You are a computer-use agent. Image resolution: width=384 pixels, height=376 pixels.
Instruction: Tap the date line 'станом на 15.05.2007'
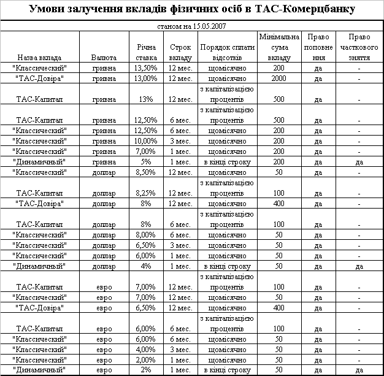pos(191,28)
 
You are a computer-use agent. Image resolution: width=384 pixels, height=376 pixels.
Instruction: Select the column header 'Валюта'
pos(104,57)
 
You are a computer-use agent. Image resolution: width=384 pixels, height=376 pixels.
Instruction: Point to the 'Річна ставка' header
pos(145,52)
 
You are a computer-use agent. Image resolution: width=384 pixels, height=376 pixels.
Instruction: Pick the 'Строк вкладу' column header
pos(180,52)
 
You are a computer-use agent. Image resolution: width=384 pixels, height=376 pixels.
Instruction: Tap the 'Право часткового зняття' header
pos(359,47)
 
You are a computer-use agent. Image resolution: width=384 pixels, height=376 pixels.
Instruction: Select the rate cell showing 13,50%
pos(145,67)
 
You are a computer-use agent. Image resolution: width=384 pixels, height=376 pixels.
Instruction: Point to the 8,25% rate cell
pos(145,193)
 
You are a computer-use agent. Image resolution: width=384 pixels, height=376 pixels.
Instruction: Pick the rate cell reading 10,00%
pos(145,140)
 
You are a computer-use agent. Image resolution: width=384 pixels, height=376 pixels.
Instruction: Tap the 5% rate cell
pos(145,162)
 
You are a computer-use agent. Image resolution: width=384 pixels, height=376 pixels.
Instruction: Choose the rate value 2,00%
pos(145,359)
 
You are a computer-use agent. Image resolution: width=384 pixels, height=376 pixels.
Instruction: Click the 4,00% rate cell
pos(145,349)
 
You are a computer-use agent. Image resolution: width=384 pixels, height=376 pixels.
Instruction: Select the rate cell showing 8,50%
pos(145,172)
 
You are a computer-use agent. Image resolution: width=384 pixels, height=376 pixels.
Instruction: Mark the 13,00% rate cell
pos(145,78)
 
